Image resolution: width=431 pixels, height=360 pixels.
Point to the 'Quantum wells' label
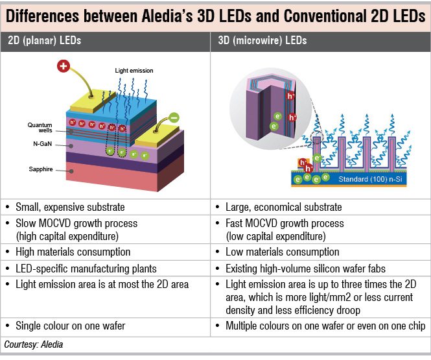point(40,127)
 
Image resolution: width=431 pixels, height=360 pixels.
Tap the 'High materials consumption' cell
point(71,252)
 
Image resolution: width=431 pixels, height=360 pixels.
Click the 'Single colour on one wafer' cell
point(70,326)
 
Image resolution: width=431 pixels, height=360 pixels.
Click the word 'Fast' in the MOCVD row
point(236,224)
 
